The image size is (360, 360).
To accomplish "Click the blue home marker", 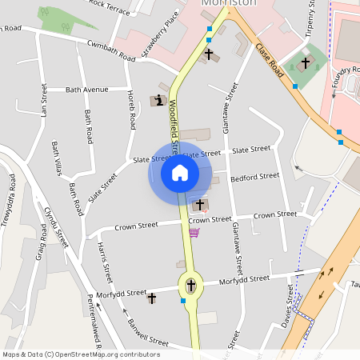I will pos(179,173).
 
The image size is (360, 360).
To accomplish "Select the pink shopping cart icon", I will pos(194,233).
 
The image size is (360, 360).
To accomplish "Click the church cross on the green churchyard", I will pos(305,62).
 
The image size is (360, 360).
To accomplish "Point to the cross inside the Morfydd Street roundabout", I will pos(190,285).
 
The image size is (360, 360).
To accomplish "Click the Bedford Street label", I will pos(254,176).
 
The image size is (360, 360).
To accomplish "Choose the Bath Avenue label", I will pos(86,90).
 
